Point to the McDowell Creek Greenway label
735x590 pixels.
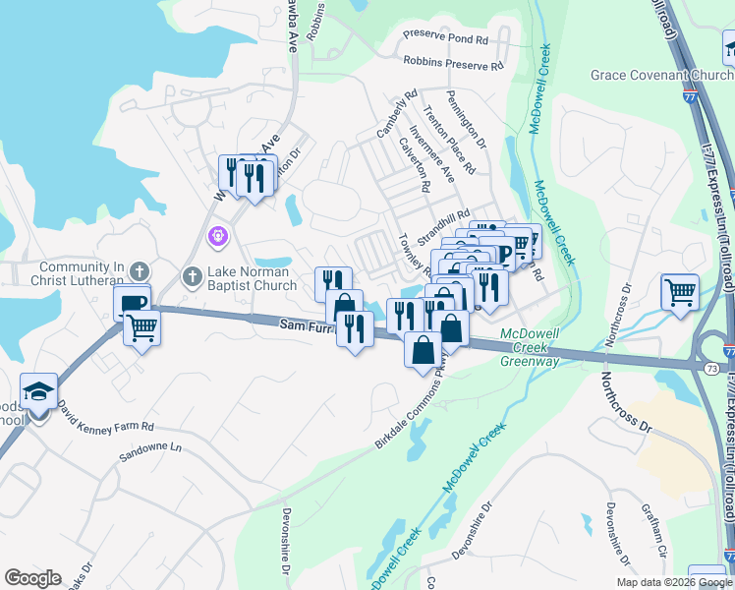[x=530, y=347]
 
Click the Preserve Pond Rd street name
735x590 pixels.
[x=446, y=39]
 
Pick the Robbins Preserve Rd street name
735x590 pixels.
[x=453, y=63]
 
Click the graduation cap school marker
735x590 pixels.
[x=38, y=394]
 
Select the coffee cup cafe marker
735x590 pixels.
[x=132, y=301]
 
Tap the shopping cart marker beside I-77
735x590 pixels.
[x=680, y=291]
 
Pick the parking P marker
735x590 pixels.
[x=503, y=254]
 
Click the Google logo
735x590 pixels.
[x=33, y=578]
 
